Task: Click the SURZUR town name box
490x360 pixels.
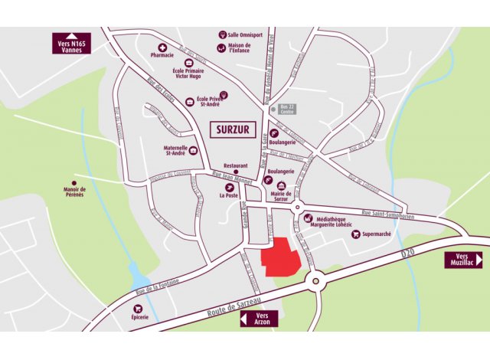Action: (233, 129)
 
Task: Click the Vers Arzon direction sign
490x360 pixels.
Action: (262, 319)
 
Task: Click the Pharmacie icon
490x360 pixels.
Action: (162, 47)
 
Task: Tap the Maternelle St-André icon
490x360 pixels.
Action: (194, 151)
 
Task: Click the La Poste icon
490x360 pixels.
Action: (227, 188)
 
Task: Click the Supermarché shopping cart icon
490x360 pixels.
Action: (355, 234)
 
